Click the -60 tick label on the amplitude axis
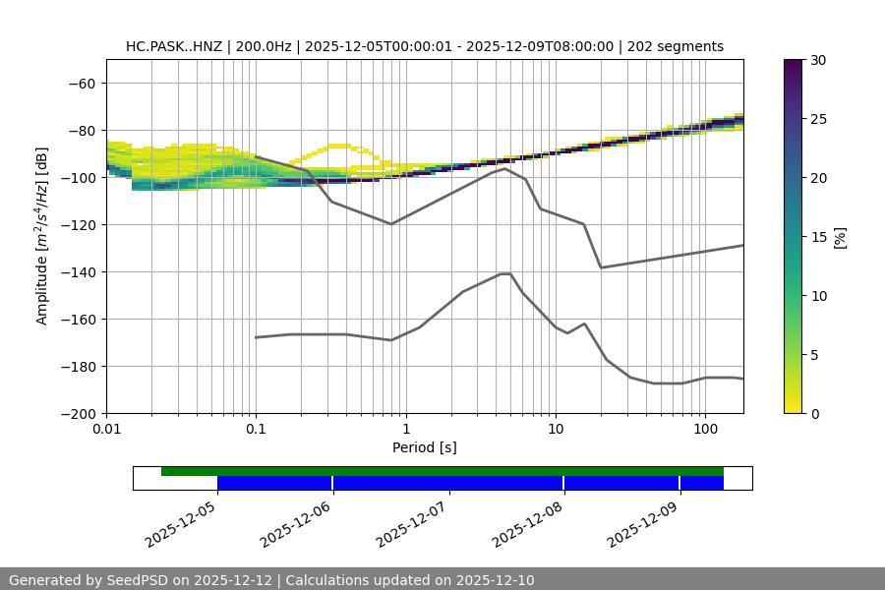[81, 83]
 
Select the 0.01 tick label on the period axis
[106, 430]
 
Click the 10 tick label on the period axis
[556, 430]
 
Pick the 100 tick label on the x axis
[705, 430]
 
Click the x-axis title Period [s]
[425, 447]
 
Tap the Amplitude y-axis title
[42, 236]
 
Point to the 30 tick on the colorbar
[818, 60]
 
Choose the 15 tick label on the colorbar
[818, 236]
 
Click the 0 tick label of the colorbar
[814, 413]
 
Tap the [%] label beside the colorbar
[840, 236]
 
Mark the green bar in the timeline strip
[442, 471]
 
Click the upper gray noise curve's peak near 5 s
[505, 168]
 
